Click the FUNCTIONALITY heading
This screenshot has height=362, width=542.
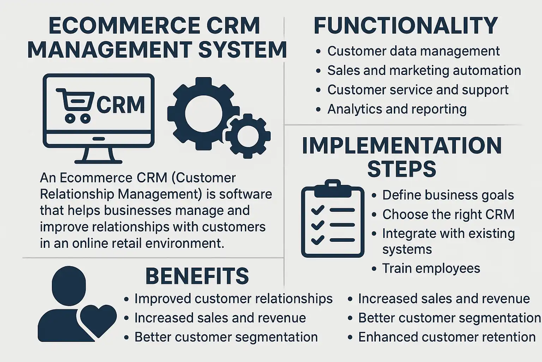pos(405,25)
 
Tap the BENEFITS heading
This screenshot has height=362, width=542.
pos(197,276)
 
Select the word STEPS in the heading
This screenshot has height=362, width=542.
pos(402,169)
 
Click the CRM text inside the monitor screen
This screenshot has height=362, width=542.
pos(120,105)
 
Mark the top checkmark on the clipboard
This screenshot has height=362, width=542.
pos(318,210)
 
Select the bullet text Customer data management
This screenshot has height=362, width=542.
pos(413,51)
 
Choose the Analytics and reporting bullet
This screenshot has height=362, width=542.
pos(397,109)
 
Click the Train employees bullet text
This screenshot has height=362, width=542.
pos(431,268)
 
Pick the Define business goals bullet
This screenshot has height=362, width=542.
pos(448,195)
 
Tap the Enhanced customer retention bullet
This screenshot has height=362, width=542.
pos(447,337)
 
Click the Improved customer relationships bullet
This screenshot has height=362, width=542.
pos(233,299)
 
